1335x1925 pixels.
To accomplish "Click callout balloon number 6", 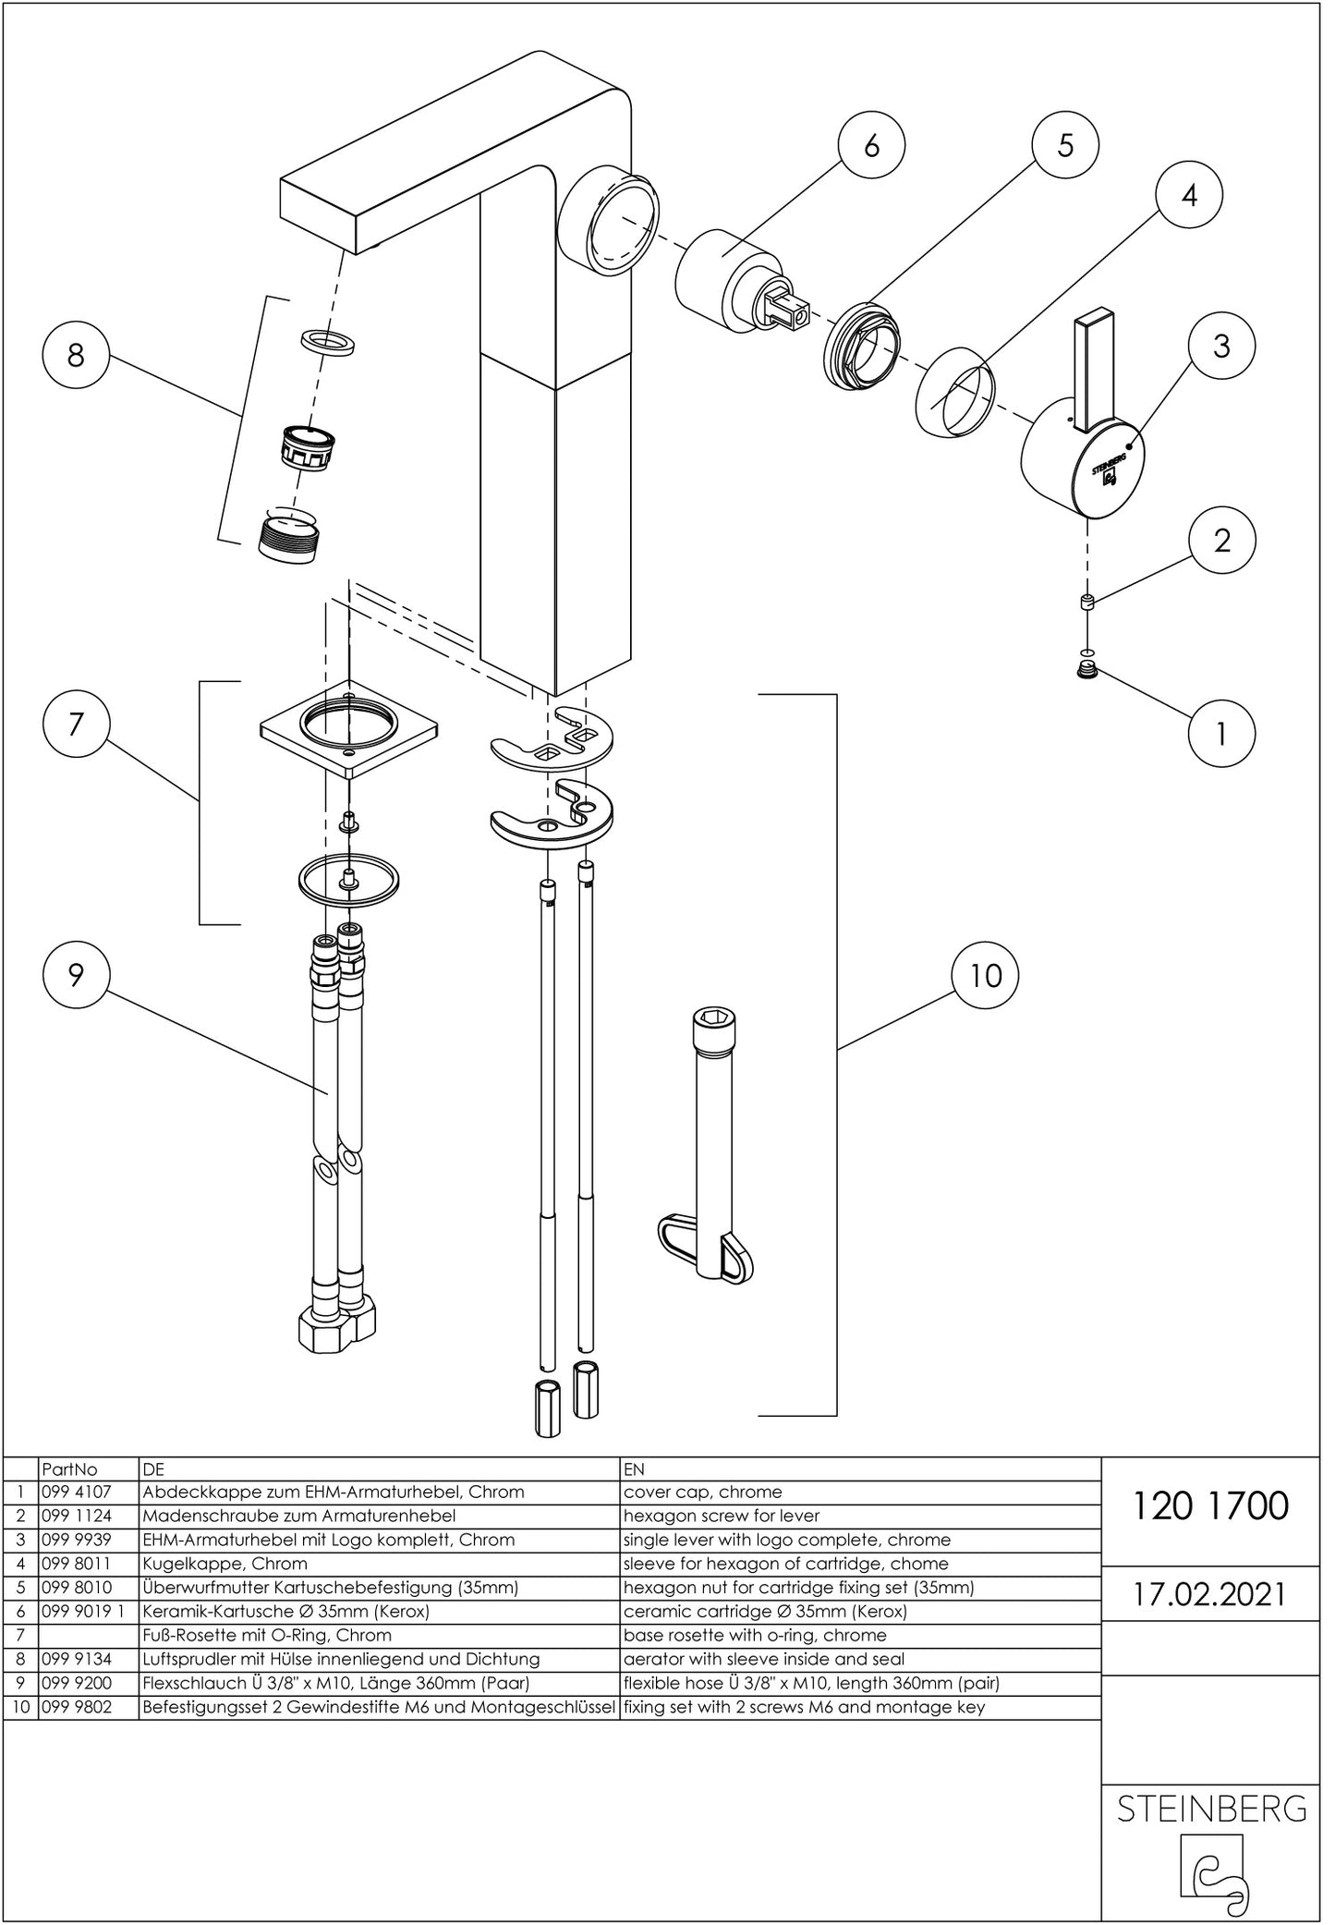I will pyautogui.click(x=871, y=145).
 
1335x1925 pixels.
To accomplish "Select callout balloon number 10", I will pyautogui.click(x=986, y=976).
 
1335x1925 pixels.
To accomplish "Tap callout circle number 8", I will pyautogui.click(x=76, y=354).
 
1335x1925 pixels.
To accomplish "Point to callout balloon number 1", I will pyautogui.click(x=1221, y=734).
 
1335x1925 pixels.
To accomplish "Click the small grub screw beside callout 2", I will pyautogui.click(x=1088, y=604).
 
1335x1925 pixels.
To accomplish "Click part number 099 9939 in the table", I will pyautogui.click(x=76, y=1540).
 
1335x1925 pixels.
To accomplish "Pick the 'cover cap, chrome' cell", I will pyautogui.click(x=702, y=1492).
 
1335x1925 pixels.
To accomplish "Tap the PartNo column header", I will pyautogui.click(x=70, y=1468).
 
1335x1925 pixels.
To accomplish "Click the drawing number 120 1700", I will pyautogui.click(x=1209, y=1506).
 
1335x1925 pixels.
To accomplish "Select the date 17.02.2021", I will pyautogui.click(x=1209, y=1595).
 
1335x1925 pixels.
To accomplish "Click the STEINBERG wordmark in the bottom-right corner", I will pyautogui.click(x=1211, y=1809).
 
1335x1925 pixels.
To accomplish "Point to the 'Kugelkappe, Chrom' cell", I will pyautogui.click(x=225, y=1564).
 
